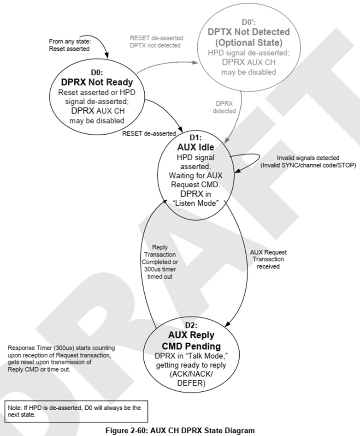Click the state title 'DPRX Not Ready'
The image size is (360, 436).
click(x=97, y=83)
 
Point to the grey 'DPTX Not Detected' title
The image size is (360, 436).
click(x=249, y=32)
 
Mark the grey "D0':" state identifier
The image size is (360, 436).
click(x=249, y=22)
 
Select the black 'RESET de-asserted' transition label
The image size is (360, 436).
click(x=149, y=134)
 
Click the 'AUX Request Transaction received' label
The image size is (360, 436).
click(x=268, y=259)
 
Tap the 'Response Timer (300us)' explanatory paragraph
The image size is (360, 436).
click(x=61, y=358)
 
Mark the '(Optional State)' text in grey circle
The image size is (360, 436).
click(x=249, y=42)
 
